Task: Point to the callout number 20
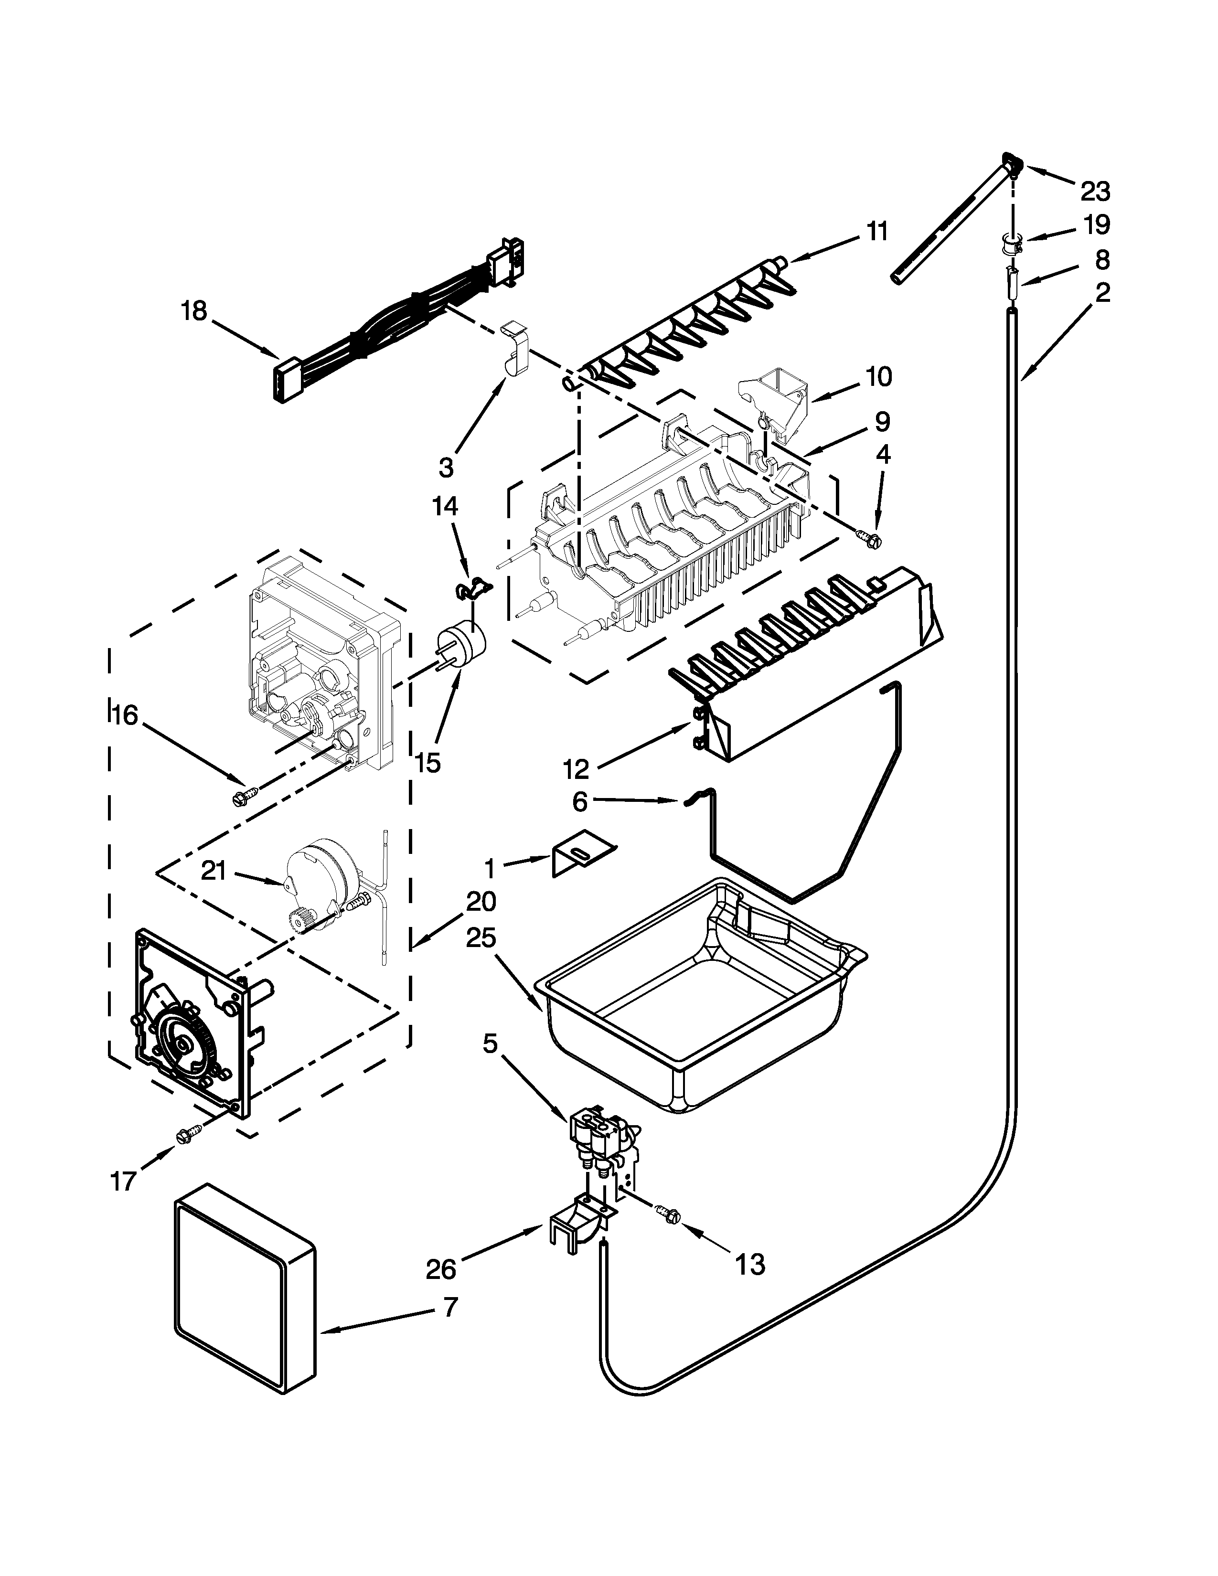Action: click(481, 902)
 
